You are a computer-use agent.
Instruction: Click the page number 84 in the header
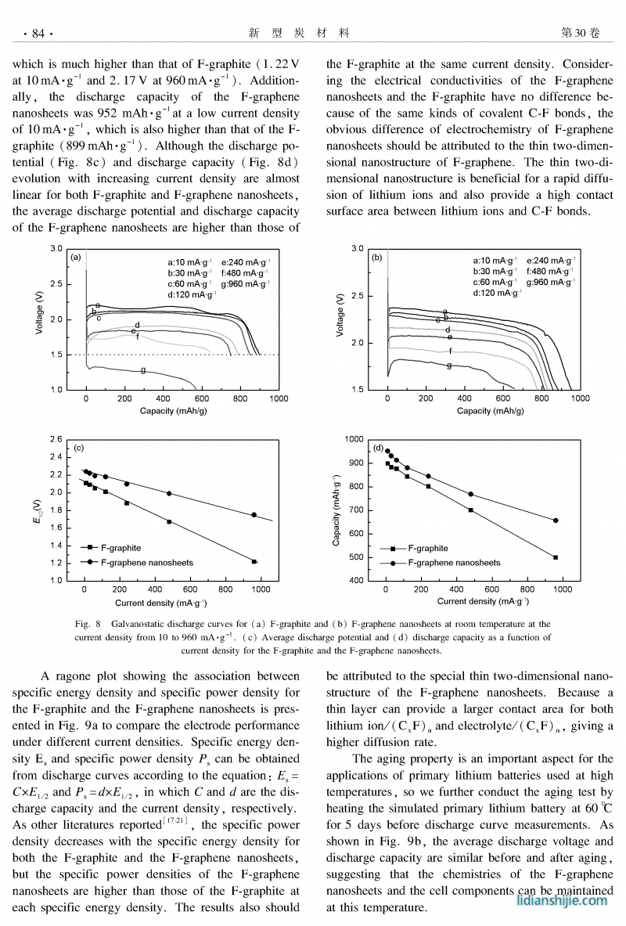pos(38,33)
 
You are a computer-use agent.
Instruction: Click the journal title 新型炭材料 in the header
pos(299,33)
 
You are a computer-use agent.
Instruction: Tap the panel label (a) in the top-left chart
pos(76,257)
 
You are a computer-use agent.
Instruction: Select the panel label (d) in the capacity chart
pos(378,449)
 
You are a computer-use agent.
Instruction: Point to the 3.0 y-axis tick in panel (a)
pos(57,248)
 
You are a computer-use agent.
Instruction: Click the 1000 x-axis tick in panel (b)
pos(580,398)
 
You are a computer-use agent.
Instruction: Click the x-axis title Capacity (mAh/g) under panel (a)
pos(178,410)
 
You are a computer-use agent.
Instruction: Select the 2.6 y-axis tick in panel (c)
pos(56,438)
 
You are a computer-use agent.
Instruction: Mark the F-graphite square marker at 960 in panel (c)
pos(254,561)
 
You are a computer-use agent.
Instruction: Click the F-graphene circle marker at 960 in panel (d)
pos(556,521)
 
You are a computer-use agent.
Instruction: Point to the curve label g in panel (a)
pos(143,369)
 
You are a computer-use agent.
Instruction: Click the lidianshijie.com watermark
pos(562,901)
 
